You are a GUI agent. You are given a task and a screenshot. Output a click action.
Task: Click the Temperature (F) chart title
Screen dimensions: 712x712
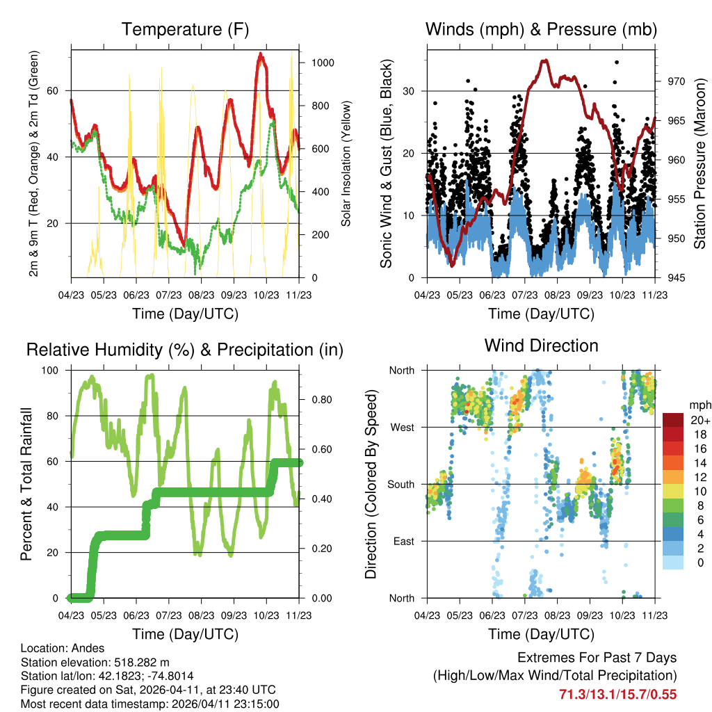(184, 29)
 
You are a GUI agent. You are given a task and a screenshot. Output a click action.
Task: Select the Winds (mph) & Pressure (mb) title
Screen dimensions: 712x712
(541, 29)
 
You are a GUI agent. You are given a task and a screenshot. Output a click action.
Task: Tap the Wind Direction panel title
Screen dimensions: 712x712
(541, 346)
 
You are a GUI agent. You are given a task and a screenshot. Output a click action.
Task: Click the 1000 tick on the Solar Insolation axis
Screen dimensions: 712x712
(323, 63)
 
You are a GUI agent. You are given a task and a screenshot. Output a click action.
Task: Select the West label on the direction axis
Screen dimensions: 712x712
(401, 427)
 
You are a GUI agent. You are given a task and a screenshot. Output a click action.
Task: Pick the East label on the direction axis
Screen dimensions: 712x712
(403, 541)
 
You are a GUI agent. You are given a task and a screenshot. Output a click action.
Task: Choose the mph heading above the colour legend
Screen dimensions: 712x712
(698, 405)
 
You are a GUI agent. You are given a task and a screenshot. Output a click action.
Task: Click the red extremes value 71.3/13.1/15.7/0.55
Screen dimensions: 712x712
(617, 694)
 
